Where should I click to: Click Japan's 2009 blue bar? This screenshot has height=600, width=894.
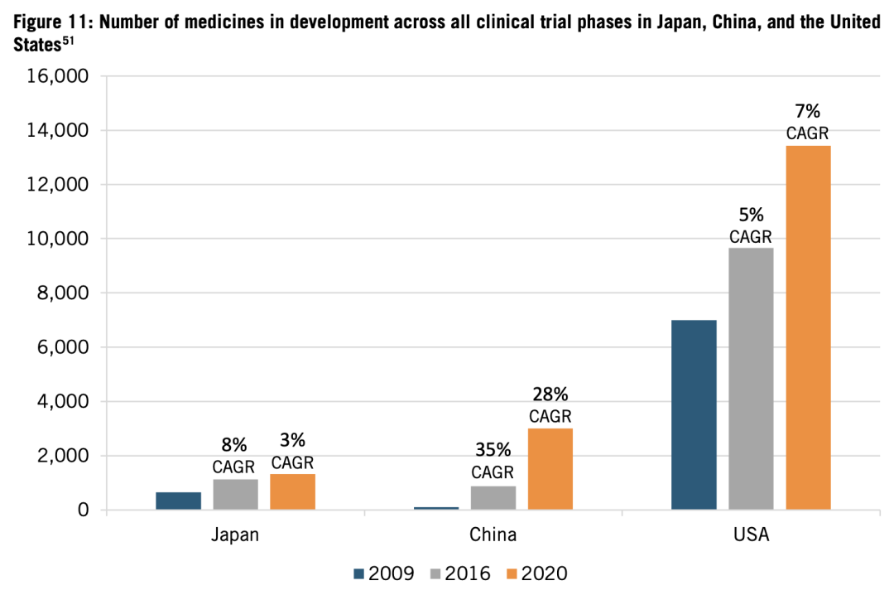click(178, 501)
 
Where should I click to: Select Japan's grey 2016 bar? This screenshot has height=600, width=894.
click(235, 494)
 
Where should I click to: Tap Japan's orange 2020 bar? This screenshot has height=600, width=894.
click(292, 491)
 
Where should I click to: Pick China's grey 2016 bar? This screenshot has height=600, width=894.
click(493, 497)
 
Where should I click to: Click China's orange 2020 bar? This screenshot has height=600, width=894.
click(550, 468)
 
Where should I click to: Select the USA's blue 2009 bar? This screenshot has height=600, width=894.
click(694, 414)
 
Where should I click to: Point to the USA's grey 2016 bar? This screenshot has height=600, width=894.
click(751, 378)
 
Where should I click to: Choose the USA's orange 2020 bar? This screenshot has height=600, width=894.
click(808, 327)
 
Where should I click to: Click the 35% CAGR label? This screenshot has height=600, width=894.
click(493, 461)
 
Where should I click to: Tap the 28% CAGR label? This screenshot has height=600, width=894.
click(550, 404)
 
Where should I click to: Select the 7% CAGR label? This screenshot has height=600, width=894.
click(808, 122)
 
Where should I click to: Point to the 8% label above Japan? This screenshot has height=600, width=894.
click(234, 445)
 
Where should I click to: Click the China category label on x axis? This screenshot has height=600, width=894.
click(493, 535)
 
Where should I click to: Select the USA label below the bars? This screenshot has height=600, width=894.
click(751, 535)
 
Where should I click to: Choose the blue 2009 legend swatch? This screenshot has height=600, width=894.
click(358, 573)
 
